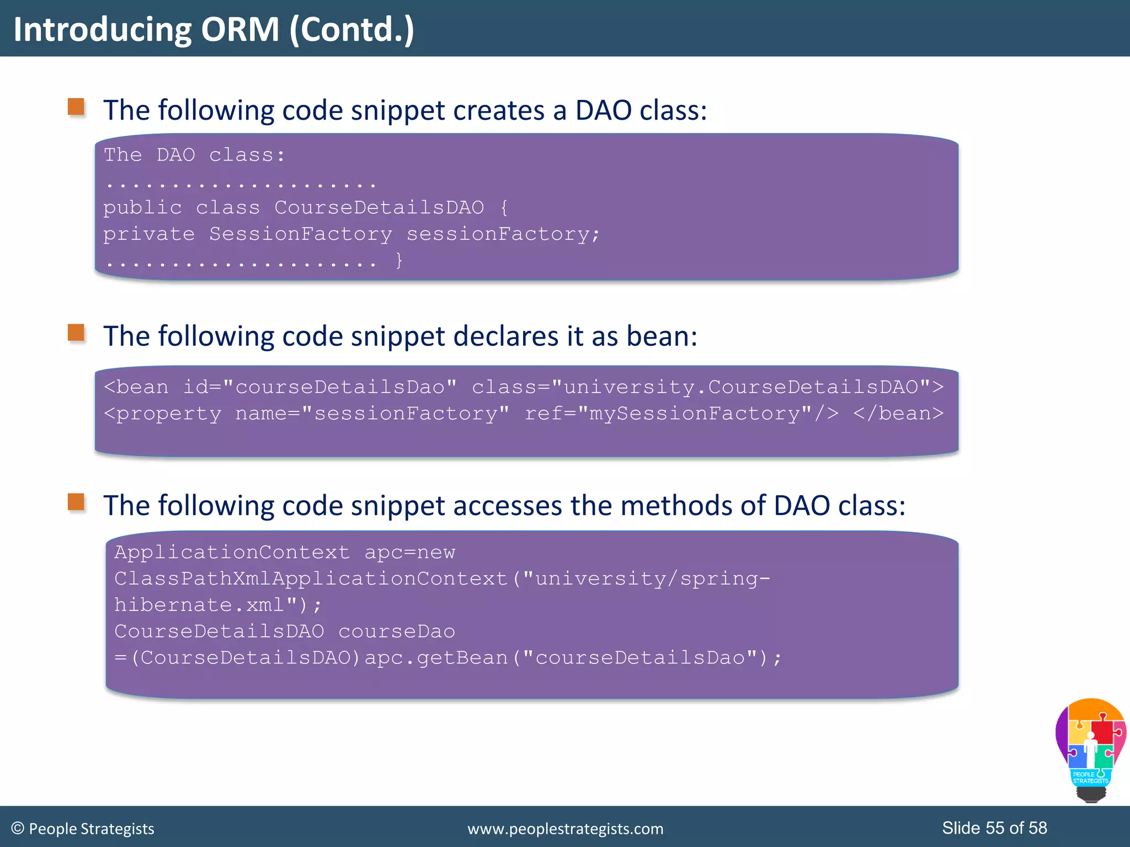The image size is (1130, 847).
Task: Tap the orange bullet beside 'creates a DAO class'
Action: click(x=76, y=107)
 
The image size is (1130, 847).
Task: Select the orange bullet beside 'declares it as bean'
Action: click(x=76, y=333)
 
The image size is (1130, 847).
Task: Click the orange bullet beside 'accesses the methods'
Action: click(x=76, y=502)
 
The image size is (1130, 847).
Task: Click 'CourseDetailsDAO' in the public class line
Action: click(x=379, y=207)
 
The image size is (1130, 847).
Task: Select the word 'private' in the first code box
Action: click(x=149, y=234)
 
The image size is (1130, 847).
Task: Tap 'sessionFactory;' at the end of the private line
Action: click(x=503, y=234)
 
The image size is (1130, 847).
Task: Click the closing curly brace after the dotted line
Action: click(x=399, y=260)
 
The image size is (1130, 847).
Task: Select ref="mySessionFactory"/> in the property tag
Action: click(x=681, y=413)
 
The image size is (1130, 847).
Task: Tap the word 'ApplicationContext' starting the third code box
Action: click(x=232, y=552)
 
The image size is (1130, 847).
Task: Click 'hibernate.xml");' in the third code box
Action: click(x=218, y=605)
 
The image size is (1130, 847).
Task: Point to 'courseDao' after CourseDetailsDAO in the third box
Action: click(x=397, y=631)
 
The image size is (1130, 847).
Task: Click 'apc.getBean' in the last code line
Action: click(x=436, y=658)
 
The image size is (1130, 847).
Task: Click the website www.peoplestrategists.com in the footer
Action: click(x=565, y=829)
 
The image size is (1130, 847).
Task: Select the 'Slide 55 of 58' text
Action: click(x=994, y=828)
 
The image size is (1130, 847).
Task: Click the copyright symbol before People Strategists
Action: click(x=18, y=828)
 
